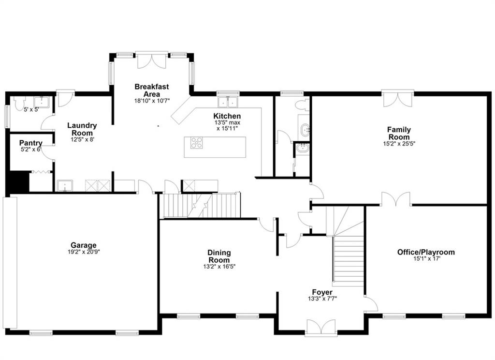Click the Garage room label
[83, 245]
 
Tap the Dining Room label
[219, 256]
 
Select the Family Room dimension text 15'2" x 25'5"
[399, 144]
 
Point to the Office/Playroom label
[426, 252]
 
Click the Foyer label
[322, 292]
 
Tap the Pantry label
[30, 143]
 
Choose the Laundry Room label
[82, 129]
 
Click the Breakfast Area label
[151, 90]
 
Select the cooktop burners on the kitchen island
[196, 143]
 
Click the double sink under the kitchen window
[228, 102]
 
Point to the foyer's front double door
[321, 327]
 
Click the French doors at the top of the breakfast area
[152, 60]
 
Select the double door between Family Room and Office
[396, 199]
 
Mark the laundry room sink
[65, 185]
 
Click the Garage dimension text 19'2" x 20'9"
[84, 252]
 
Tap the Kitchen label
[227, 116]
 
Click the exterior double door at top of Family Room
[398, 99]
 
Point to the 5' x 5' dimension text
[31, 110]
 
